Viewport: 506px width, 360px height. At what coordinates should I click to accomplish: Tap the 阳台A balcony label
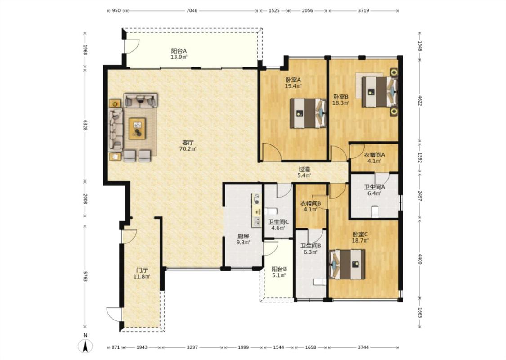pyautogui.click(x=179, y=51)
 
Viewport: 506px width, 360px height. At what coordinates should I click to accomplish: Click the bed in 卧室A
pyautogui.click(x=308, y=113)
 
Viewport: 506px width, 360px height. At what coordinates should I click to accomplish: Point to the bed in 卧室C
pyautogui.click(x=347, y=265)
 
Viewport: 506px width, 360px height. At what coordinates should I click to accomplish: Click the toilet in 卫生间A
pyautogui.click(x=375, y=211)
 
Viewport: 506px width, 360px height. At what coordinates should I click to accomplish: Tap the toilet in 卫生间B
pyautogui.click(x=320, y=282)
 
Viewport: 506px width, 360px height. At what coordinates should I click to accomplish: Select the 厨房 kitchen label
pyautogui.click(x=243, y=236)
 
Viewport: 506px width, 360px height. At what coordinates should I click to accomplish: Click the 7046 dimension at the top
pyautogui.click(x=192, y=10)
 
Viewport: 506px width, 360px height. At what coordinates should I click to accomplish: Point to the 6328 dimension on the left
pyautogui.click(x=85, y=125)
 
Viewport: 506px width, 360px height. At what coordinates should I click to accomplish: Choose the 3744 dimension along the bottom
pyautogui.click(x=363, y=347)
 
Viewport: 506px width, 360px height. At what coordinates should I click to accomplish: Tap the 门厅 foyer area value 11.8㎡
pyautogui.click(x=142, y=276)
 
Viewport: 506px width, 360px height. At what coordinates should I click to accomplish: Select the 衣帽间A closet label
pyautogui.click(x=374, y=155)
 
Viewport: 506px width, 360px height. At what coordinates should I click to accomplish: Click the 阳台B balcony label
pyautogui.click(x=279, y=269)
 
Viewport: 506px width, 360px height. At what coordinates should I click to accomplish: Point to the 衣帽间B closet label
pyautogui.click(x=310, y=203)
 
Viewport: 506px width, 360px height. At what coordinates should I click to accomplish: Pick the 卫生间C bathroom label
pyautogui.click(x=278, y=222)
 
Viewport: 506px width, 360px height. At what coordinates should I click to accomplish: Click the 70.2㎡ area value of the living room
pyautogui.click(x=188, y=149)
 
